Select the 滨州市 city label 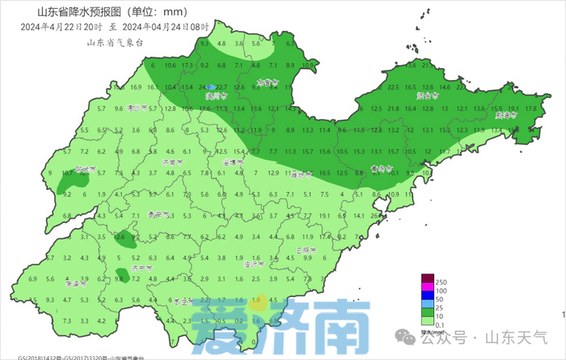click(x=216, y=95)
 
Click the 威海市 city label click(x=506, y=116)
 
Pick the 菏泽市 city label click(x=74, y=284)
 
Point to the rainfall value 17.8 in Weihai click(x=531, y=108)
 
